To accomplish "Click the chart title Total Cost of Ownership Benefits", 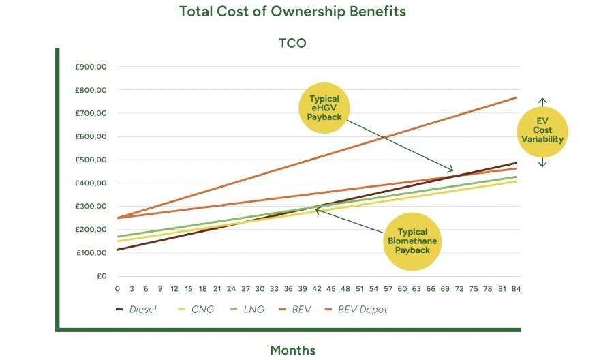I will tap(292, 12).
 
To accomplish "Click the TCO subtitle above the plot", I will tap(292, 44).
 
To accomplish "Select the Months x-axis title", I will tap(292, 350).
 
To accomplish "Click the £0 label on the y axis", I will tap(101, 276).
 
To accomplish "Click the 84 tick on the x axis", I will tap(516, 288).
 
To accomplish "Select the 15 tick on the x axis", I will tap(188, 288).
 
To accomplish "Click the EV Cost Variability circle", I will tap(542, 130).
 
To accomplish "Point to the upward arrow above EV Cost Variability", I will tap(542, 101).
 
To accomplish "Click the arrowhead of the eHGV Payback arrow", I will tap(450, 170).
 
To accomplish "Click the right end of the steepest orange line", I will tap(516, 97).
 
